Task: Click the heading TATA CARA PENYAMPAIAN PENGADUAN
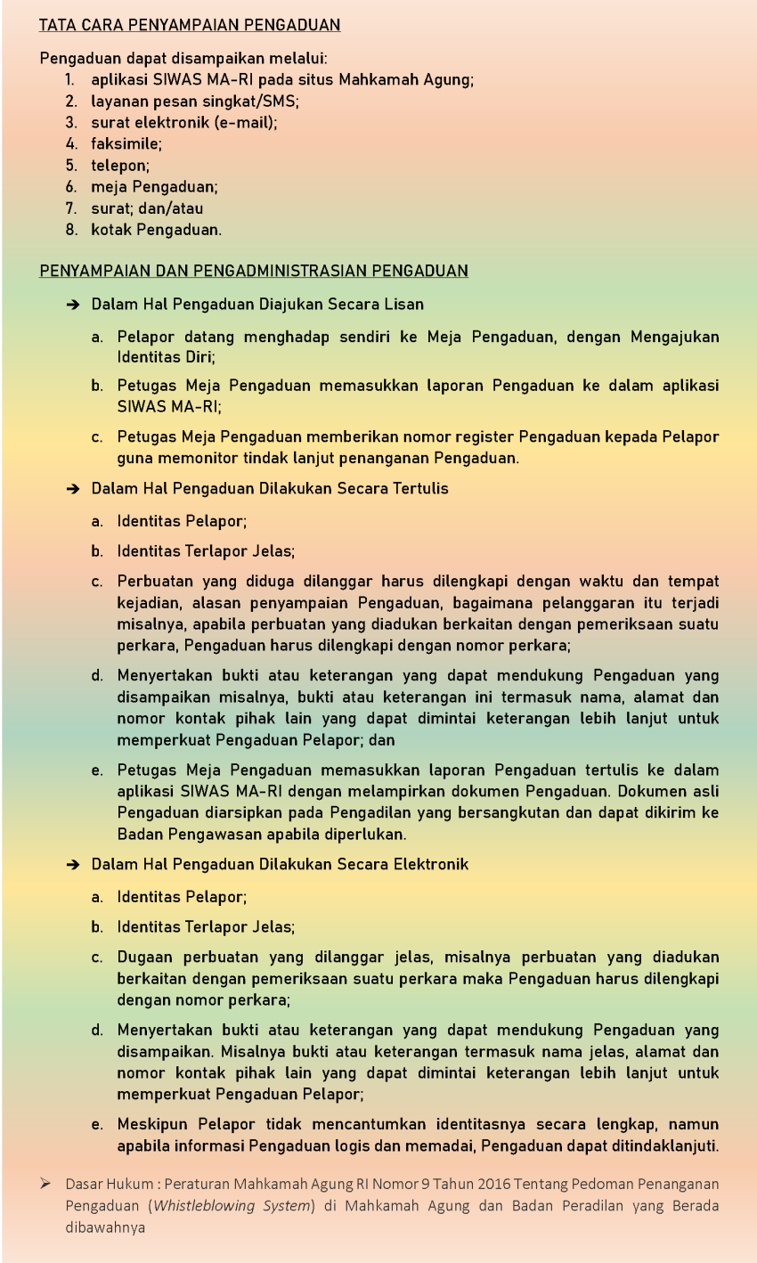190,26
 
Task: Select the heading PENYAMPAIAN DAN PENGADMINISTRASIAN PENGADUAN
254,271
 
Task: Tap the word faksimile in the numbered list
126,143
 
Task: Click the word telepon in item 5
120,164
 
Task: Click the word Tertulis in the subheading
418,488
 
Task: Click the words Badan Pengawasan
184,835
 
